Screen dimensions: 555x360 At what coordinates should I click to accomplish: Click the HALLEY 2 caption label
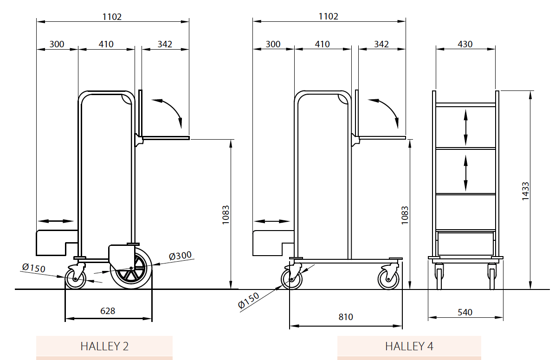[x=104, y=346]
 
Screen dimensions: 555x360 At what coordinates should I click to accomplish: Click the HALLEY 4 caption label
[x=409, y=346]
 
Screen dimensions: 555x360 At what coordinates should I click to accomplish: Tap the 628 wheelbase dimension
[x=108, y=311]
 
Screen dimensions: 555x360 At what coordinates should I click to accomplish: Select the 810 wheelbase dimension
[x=345, y=317]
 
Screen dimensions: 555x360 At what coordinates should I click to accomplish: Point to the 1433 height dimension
[x=525, y=191]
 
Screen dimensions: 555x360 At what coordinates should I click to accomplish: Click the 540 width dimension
[x=465, y=312]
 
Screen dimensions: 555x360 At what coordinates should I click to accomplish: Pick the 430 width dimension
[x=465, y=44]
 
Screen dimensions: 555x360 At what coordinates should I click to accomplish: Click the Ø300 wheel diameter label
[x=180, y=256]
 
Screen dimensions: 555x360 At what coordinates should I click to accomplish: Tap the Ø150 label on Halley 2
[x=33, y=268]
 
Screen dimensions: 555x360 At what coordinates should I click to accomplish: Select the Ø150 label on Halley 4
[x=248, y=301]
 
